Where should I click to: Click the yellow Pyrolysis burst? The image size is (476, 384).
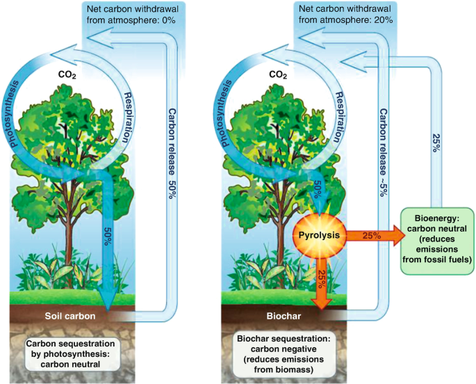tap(319, 235)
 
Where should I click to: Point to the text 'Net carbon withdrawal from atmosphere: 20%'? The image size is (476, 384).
tap(345, 15)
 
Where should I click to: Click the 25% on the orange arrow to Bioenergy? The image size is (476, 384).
tap(370, 236)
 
